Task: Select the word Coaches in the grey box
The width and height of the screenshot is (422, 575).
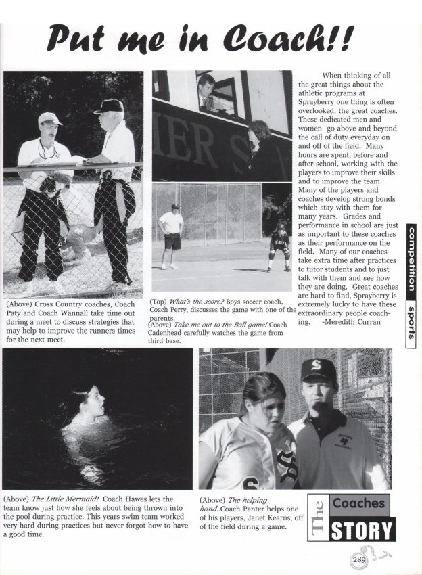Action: point(359,503)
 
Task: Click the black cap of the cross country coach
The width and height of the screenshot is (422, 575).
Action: point(110,106)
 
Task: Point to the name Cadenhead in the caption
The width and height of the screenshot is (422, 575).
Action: point(176,333)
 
